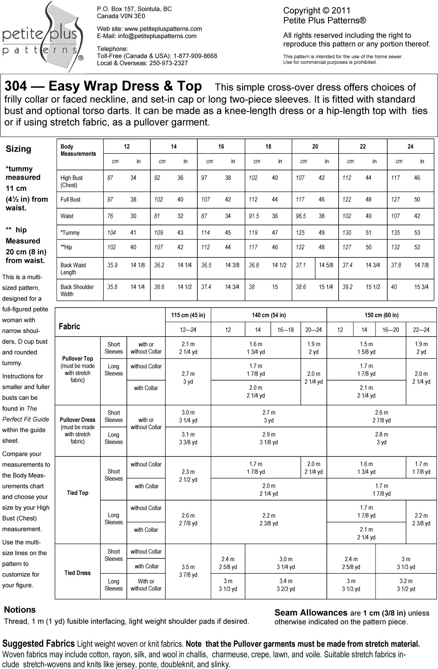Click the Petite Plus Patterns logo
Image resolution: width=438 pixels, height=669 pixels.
click(42, 38)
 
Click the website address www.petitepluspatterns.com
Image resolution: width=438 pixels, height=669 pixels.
click(163, 29)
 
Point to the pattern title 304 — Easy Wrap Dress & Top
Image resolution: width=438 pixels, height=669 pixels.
click(103, 86)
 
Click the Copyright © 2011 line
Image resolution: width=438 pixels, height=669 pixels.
click(317, 11)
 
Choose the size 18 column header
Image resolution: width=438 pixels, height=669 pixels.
click(268, 147)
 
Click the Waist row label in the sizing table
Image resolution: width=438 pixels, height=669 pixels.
click(67, 216)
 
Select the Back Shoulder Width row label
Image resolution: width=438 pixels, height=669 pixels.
click(77, 290)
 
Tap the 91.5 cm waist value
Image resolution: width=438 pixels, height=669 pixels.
click(254, 216)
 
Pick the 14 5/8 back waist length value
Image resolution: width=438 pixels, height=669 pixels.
click(326, 265)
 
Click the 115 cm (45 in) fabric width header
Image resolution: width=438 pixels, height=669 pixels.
click(188, 315)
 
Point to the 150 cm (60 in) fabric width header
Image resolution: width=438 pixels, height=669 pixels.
click(381, 315)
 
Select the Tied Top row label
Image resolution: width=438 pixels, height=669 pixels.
click(77, 493)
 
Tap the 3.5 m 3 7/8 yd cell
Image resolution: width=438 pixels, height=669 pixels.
click(188, 571)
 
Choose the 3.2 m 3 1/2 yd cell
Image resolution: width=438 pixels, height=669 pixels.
click(406, 585)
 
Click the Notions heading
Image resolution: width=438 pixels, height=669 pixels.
click(20, 610)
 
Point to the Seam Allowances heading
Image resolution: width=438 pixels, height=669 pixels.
click(311, 613)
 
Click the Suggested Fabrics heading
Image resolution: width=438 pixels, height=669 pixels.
click(39, 644)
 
